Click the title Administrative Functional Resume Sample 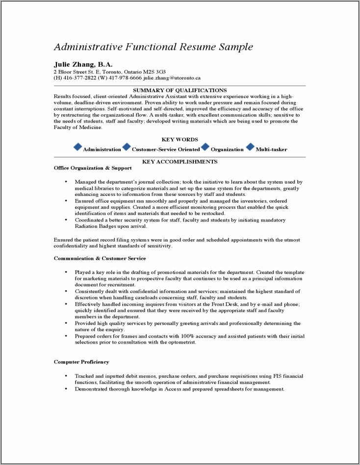click(153, 47)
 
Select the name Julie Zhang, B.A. click(83, 64)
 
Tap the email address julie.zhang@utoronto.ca click(172, 78)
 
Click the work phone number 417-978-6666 click(125, 78)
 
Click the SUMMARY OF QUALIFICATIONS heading click(180, 90)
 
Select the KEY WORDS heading click(180, 140)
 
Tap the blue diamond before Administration click(77, 147)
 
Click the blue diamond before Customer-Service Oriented click(127, 147)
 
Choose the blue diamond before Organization click(206, 147)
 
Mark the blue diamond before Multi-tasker click(250, 147)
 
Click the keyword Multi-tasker click(271, 149)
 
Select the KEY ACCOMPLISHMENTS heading click(180, 162)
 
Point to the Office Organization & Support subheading click(93, 168)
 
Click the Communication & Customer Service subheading click(100, 258)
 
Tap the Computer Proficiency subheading click(81, 362)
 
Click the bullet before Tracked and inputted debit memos click(66, 376)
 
